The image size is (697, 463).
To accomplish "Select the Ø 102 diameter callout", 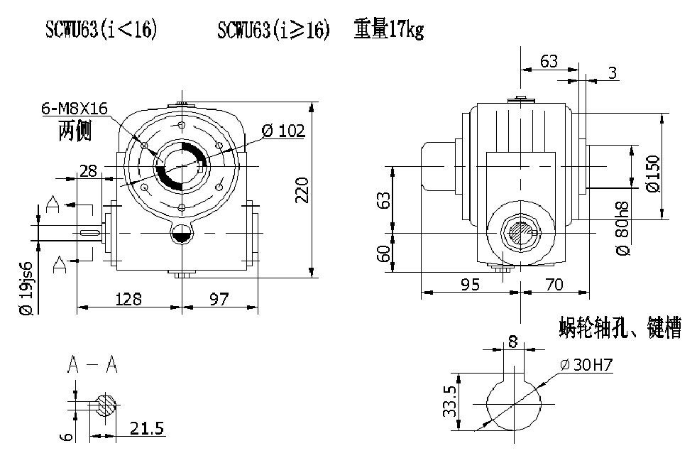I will click(x=282, y=131).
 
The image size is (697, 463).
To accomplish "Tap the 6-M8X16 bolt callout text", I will click(x=74, y=109).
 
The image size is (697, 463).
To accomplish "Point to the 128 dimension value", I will click(x=128, y=299).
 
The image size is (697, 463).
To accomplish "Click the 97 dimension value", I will click(x=219, y=299).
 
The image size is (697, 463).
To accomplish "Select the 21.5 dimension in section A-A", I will click(x=148, y=428).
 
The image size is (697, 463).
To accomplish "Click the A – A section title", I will click(x=92, y=365).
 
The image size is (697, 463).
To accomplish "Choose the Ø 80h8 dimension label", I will click(x=622, y=228).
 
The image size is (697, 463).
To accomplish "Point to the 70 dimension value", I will click(x=555, y=284).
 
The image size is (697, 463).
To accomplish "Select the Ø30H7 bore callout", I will click(x=586, y=366).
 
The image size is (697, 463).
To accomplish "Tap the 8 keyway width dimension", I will click(x=512, y=342).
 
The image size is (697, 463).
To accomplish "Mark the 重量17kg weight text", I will click(x=388, y=31).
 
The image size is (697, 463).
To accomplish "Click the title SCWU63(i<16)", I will click(x=100, y=31).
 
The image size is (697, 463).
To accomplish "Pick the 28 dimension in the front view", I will click(x=89, y=170).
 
